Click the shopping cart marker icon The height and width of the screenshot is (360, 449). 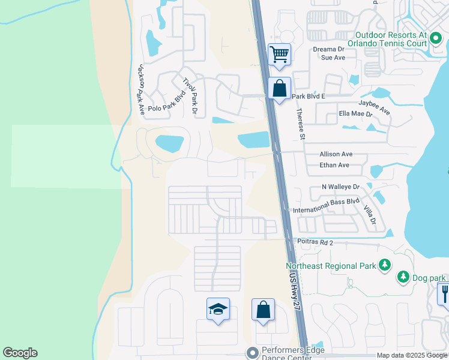pyautogui.click(x=280, y=54)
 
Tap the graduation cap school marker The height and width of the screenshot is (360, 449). pyautogui.click(x=218, y=309)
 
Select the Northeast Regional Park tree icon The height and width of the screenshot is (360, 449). pyautogui.click(x=384, y=265)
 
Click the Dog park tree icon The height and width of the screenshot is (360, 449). pyautogui.click(x=403, y=277)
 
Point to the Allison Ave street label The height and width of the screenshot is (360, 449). pyautogui.click(x=336, y=154)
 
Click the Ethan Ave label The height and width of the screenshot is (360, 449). pyautogui.click(x=334, y=165)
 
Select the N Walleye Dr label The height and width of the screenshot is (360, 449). pyautogui.click(x=340, y=187)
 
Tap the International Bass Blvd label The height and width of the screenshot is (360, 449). pyautogui.click(x=325, y=206)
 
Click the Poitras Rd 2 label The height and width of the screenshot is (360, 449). pyautogui.click(x=314, y=242)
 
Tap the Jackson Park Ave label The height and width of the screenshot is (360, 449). pyautogui.click(x=141, y=89)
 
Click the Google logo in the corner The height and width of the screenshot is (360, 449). pyautogui.click(x=20, y=353)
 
